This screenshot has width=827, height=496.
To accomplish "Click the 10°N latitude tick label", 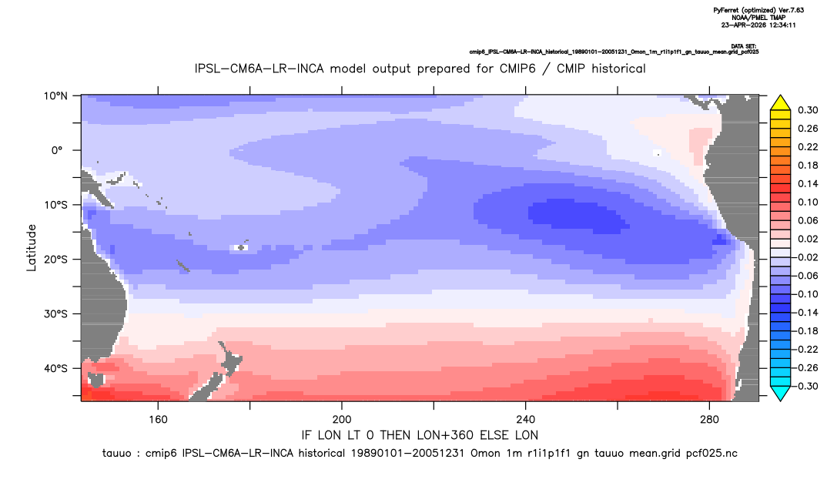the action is (55, 96).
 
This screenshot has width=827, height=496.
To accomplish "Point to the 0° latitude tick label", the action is (58, 150).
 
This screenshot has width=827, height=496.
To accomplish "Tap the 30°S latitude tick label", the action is (55, 314).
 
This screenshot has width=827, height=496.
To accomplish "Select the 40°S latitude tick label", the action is (55, 368).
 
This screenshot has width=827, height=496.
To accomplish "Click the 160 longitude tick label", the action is (158, 420).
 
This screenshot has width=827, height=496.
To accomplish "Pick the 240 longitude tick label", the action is (526, 420).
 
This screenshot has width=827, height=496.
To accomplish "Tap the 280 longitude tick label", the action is (709, 420).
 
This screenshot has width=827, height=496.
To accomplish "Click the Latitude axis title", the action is (32, 248).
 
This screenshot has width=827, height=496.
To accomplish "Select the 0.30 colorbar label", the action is (808, 110).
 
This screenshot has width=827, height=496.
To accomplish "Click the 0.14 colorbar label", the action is (808, 183).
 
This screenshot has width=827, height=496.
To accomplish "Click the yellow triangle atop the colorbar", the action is (780, 104).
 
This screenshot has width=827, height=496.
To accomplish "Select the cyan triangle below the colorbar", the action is (780, 393).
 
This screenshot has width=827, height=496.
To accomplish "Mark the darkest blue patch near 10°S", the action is (578, 216).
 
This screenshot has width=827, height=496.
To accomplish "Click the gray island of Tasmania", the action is (96, 380).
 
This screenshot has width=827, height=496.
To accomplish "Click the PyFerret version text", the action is (758, 10).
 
